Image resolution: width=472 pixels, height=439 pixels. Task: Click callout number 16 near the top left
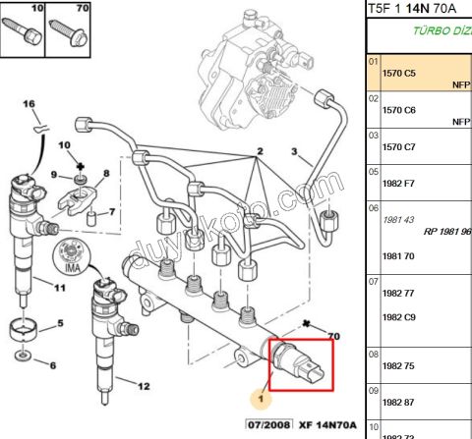pos(29,105)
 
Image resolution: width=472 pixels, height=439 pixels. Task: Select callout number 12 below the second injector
pos(144,386)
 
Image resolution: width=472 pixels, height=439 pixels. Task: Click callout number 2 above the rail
pos(261,152)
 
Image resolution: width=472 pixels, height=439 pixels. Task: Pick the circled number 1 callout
pos(261,400)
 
